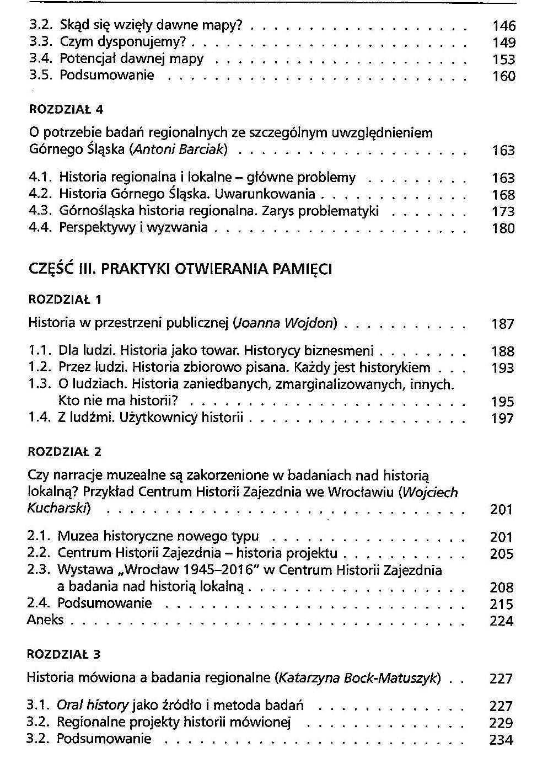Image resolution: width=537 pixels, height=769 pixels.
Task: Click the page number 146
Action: click(x=503, y=26)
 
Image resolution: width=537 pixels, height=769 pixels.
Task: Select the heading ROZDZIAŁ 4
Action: click(x=66, y=109)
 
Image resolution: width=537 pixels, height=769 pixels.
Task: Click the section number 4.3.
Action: click(x=40, y=211)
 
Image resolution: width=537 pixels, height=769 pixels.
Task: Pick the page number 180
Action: click(x=503, y=228)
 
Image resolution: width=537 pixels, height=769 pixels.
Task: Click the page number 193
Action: click(x=502, y=368)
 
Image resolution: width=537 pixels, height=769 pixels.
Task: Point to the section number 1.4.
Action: click(x=39, y=418)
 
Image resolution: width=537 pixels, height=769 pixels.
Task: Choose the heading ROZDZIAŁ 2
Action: click(x=65, y=452)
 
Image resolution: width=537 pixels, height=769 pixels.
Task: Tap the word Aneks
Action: click(x=45, y=620)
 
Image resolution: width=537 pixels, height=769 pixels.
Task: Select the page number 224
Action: click(x=501, y=621)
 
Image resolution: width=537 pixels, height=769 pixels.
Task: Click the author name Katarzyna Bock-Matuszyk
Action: click(x=359, y=678)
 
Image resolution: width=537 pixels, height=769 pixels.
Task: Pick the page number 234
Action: click(x=501, y=740)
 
